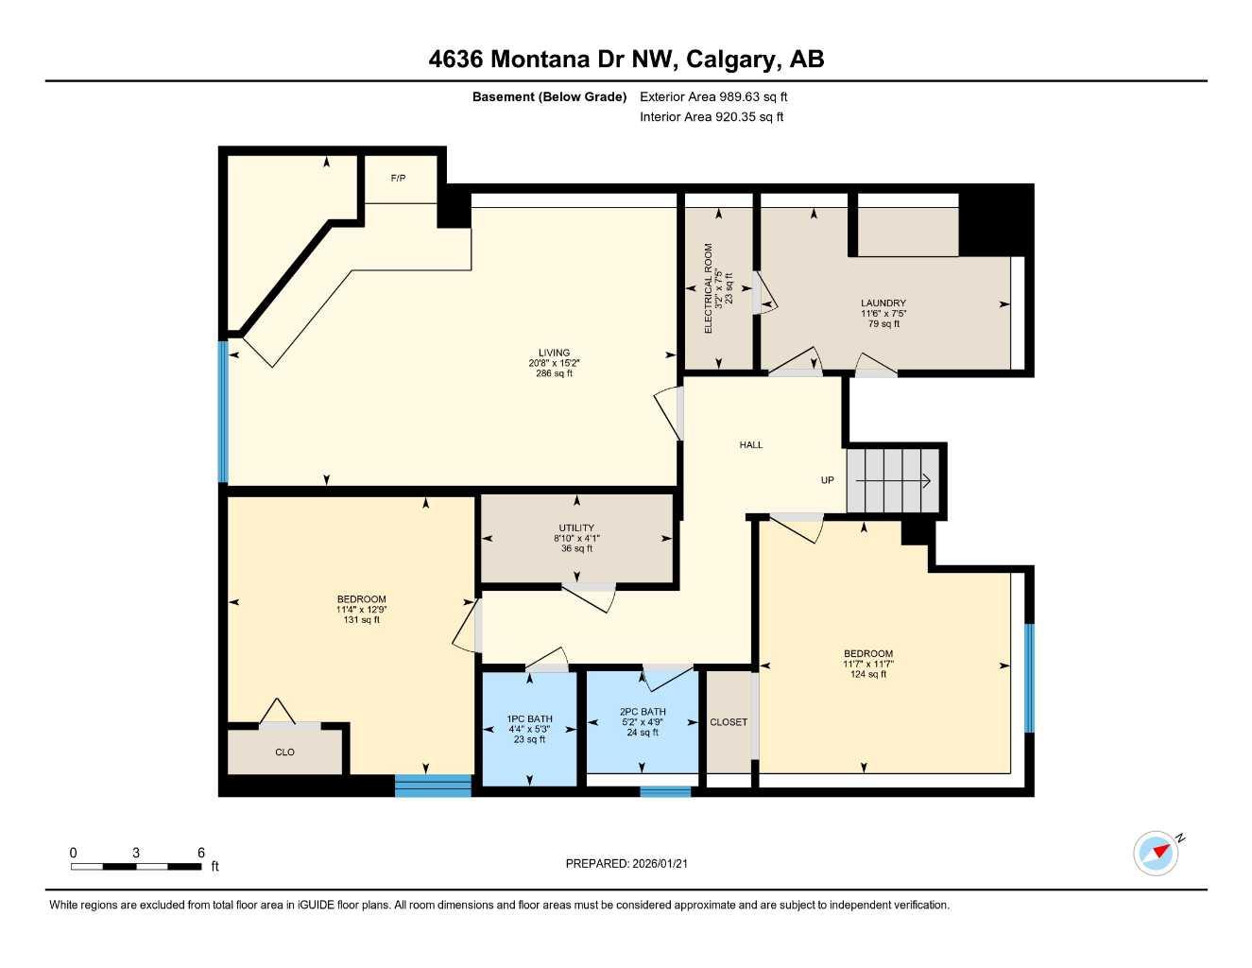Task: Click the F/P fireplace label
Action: (x=399, y=179)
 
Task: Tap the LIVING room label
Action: (x=554, y=353)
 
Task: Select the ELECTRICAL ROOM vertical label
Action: (x=708, y=288)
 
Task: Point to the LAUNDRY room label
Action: (x=883, y=303)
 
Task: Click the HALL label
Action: (x=751, y=444)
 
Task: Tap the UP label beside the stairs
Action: (x=828, y=480)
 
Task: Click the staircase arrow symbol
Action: (x=894, y=480)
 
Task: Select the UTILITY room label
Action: (x=576, y=528)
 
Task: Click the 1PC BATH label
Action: (x=530, y=719)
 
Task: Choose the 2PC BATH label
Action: (x=643, y=712)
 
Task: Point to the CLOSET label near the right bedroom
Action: (x=729, y=722)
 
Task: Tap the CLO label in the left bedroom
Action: (x=284, y=752)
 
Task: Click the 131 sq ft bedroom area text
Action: (x=362, y=620)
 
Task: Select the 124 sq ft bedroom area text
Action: (x=868, y=674)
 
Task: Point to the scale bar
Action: (x=136, y=866)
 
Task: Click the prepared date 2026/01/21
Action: (x=626, y=863)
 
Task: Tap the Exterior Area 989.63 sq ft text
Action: (x=713, y=96)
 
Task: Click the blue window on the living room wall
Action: (x=223, y=412)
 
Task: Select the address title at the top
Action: (x=626, y=59)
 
